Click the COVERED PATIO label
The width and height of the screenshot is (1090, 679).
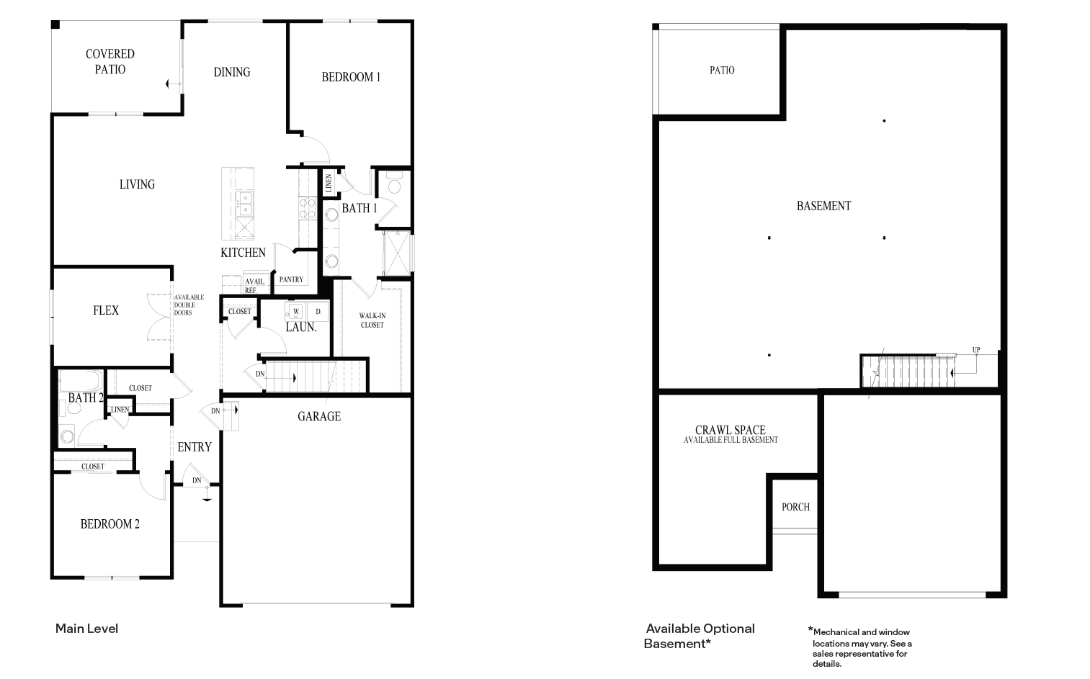(110, 62)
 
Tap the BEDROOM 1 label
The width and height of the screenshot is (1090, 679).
(351, 77)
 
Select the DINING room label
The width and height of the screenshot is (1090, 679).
(231, 72)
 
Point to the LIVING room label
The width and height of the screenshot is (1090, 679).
(137, 184)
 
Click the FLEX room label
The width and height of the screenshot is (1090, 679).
(106, 310)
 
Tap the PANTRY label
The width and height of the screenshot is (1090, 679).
(291, 279)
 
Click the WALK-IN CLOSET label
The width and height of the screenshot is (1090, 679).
(372, 320)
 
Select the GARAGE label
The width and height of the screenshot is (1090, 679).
(319, 416)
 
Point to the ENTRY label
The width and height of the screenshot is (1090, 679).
(195, 447)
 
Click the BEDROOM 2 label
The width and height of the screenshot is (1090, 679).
(110, 524)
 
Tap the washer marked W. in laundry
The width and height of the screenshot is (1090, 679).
(295, 312)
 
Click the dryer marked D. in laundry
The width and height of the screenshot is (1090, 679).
(318, 312)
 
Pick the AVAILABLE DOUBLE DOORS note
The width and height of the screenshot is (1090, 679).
(189, 305)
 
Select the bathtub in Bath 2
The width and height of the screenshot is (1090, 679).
(81, 379)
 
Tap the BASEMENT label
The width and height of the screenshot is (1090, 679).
(823, 206)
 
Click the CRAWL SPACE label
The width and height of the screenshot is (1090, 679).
(730, 431)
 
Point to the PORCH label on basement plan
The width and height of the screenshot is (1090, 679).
(795, 507)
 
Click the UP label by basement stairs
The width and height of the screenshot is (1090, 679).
(976, 351)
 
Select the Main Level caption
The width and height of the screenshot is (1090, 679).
(86, 629)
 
